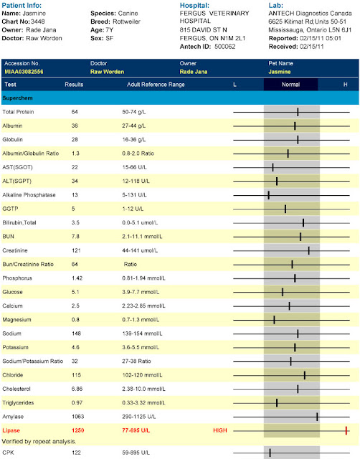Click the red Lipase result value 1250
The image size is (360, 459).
coord(78,430)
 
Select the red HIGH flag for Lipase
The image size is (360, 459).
coord(220,430)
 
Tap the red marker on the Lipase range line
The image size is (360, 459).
coord(346,430)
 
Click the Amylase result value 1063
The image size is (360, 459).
coord(78,417)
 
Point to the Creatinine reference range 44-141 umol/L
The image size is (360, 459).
coord(140,250)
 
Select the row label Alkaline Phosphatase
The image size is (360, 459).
coord(29,195)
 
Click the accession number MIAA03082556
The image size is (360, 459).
coord(24,72)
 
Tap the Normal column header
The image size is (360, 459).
coord(290,85)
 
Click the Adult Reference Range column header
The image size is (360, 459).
coord(156,85)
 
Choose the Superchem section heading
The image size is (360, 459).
coord(17,98)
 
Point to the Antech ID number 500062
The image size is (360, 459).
coord(224,47)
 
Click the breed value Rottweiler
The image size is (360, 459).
coord(126,22)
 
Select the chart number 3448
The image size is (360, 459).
coord(38,22)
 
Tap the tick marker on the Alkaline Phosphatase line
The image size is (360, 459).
coord(269,195)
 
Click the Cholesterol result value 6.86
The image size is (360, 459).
coord(77,389)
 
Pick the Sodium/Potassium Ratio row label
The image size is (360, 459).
coord(33,361)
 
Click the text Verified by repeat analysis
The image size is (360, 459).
coord(39,442)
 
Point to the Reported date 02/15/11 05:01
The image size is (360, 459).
coord(321,38)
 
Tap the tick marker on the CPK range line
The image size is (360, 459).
coord(270,453)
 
